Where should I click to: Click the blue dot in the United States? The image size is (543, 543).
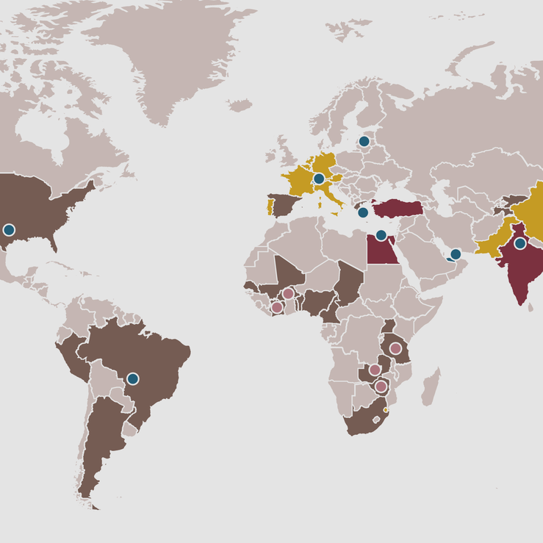pyautogui.click(x=9, y=230)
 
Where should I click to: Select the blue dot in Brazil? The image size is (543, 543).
pyautogui.click(x=132, y=378)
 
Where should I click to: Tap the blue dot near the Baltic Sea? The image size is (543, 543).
pyautogui.click(x=364, y=141)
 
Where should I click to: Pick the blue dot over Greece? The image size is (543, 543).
pyautogui.click(x=363, y=212)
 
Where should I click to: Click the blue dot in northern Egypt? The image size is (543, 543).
pyautogui.click(x=381, y=236)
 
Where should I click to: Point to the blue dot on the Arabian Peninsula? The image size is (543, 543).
pyautogui.click(x=455, y=254)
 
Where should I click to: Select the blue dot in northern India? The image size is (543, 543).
pyautogui.click(x=520, y=243)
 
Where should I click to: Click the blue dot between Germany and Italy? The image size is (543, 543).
pyautogui.click(x=319, y=179)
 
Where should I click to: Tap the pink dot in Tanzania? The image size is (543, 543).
pyautogui.click(x=395, y=348)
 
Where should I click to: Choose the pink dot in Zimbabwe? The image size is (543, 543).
pyautogui.click(x=381, y=386)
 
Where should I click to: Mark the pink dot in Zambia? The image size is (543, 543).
pyautogui.click(x=374, y=370)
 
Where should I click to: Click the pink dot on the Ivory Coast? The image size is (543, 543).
pyautogui.click(x=276, y=307)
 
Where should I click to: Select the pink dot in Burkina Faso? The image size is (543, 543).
pyautogui.click(x=288, y=293)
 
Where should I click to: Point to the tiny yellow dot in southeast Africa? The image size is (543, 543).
pyautogui.click(x=386, y=410)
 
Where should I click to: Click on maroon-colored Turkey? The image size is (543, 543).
pyautogui.click(x=400, y=208)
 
